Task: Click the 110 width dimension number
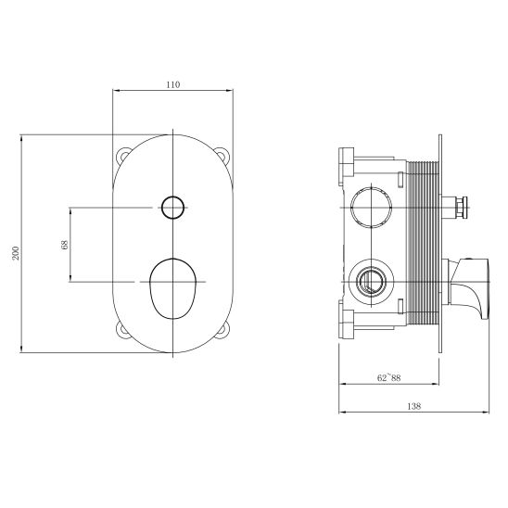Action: click(x=172, y=84)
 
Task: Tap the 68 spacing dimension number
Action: click(x=62, y=244)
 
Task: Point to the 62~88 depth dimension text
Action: click(x=388, y=378)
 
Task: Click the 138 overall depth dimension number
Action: click(x=414, y=405)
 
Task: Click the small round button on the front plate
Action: click(x=171, y=207)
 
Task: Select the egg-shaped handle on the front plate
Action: click(x=171, y=286)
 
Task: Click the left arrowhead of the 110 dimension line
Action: click(x=116, y=91)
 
